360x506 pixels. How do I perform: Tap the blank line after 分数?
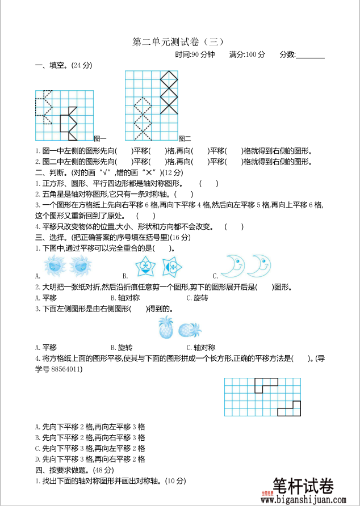(310, 55)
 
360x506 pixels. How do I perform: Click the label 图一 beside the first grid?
(100, 138)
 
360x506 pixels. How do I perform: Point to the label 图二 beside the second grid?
(185, 138)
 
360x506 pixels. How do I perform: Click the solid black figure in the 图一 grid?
(69, 123)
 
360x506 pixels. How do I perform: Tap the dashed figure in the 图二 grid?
(142, 118)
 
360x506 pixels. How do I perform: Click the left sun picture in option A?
(55, 264)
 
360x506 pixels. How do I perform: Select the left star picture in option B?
(146, 265)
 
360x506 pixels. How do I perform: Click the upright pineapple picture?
(166, 327)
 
